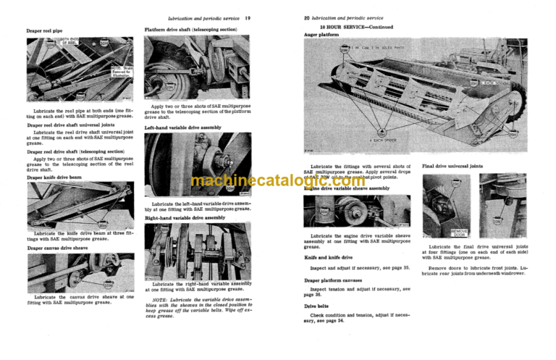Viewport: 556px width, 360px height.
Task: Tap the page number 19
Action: tap(268, 17)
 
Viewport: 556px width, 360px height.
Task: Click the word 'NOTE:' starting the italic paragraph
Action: tap(161, 298)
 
